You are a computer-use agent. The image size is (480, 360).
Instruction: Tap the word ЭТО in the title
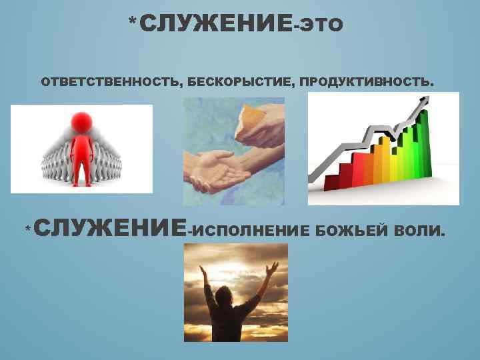tap(319, 26)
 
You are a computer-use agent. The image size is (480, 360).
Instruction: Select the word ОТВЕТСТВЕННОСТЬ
tap(109, 83)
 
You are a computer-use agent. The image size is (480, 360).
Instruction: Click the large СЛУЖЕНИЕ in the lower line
tap(110, 228)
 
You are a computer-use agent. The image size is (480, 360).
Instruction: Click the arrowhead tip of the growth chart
tap(424, 101)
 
